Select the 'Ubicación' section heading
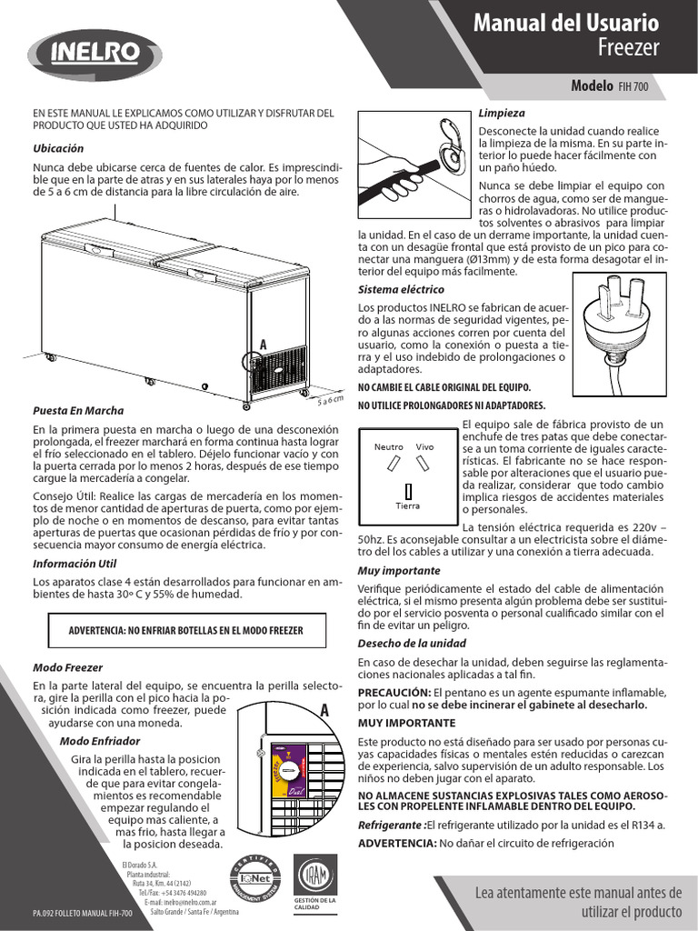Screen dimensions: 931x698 (x=58, y=148)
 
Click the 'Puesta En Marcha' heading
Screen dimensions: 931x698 (x=78, y=410)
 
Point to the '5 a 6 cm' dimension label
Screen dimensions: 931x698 (x=330, y=401)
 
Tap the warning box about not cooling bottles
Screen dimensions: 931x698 (x=185, y=630)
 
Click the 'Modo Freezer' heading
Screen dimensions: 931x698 (x=68, y=666)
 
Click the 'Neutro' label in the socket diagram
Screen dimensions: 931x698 (x=389, y=447)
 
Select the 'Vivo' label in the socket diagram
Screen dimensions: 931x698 (x=425, y=447)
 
